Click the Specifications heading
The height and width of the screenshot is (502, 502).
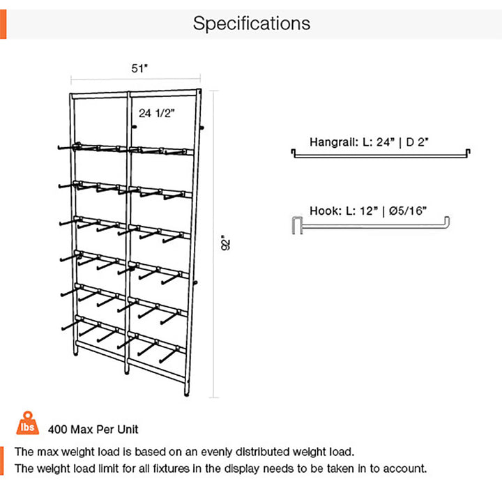[251, 23]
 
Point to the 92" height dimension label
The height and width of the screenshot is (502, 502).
[225, 243]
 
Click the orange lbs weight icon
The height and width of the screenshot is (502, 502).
[27, 423]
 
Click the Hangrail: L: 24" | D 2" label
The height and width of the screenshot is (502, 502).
[369, 142]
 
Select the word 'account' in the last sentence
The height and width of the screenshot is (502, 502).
[402, 469]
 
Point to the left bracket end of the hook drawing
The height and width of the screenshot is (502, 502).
[293, 226]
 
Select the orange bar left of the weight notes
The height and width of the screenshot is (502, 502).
[3, 459]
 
